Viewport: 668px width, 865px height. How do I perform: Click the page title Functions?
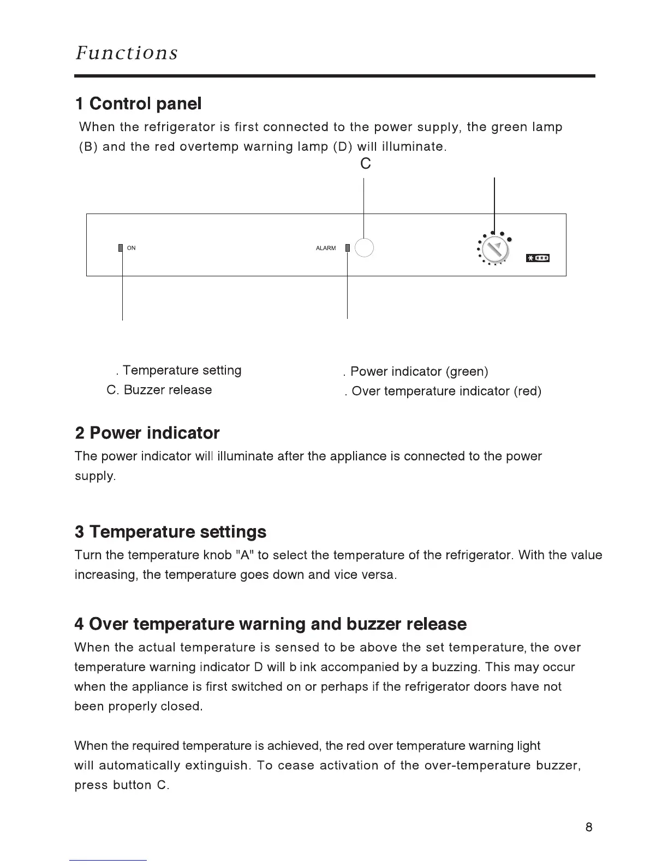[127, 53]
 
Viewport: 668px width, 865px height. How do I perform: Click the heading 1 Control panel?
[138, 103]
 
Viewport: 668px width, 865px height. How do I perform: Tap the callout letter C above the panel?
[366, 163]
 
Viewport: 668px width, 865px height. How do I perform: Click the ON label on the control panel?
[131, 248]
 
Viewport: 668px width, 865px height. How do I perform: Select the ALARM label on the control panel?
[326, 248]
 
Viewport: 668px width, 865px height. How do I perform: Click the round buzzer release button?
[364, 247]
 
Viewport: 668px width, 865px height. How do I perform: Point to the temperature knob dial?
[495, 251]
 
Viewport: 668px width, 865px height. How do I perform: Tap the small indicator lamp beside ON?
[121, 248]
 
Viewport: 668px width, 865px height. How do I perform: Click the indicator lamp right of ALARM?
[347, 248]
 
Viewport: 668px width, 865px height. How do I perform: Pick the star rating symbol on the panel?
[538, 258]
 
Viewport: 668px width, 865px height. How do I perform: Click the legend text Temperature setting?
[182, 370]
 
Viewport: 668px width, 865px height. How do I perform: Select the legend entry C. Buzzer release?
[159, 390]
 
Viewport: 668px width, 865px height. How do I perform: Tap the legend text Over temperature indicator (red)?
[446, 391]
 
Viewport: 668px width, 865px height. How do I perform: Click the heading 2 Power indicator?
[147, 433]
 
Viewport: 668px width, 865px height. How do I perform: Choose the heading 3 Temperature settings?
[170, 531]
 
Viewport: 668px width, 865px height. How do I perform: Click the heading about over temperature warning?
[270, 624]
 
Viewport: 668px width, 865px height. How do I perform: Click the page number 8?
[588, 827]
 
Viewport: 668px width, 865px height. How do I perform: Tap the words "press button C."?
[122, 785]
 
